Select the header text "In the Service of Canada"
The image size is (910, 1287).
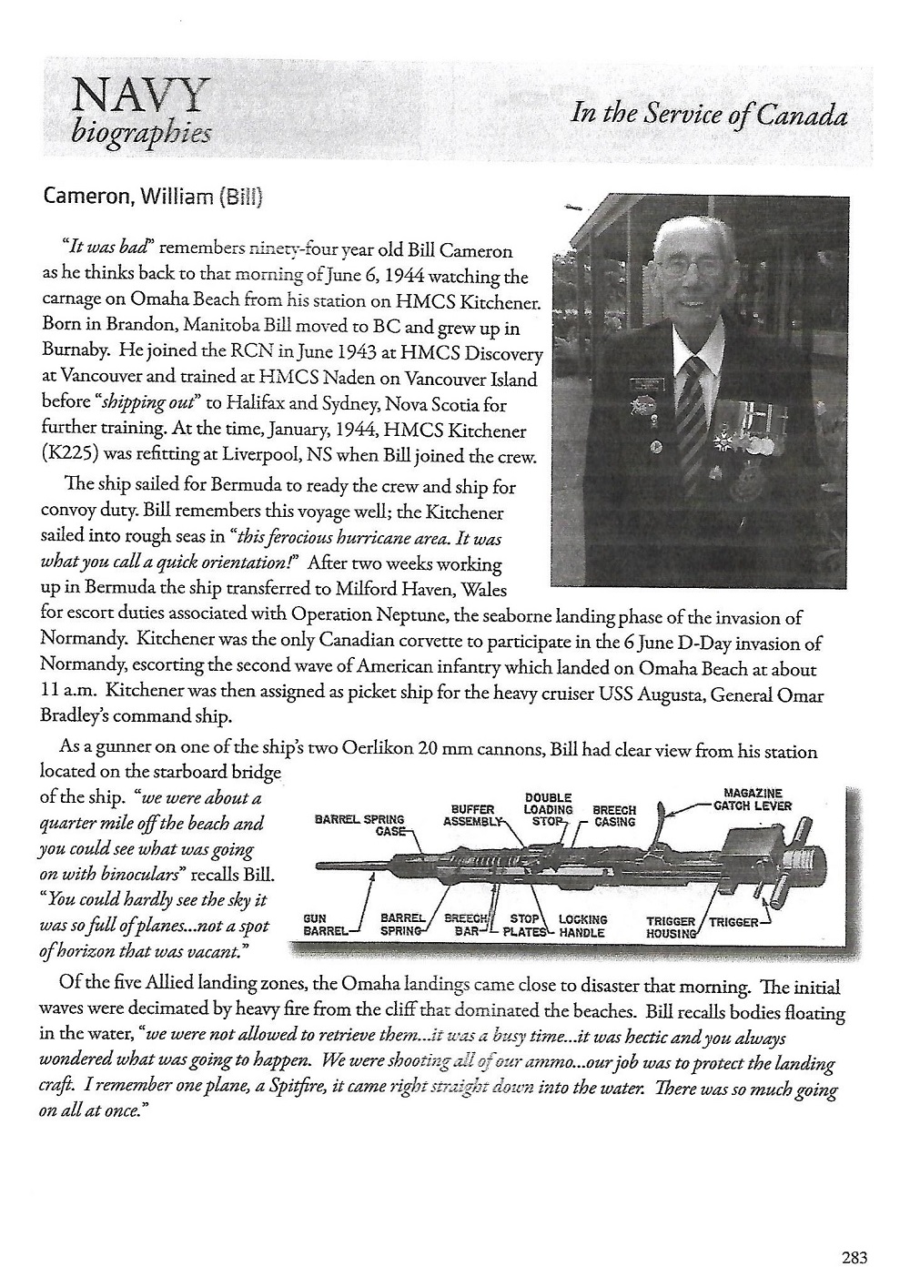coord(709,115)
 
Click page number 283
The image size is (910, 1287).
coord(854,1259)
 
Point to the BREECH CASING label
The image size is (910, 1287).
coord(614,816)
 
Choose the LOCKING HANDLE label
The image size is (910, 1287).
coord(582,926)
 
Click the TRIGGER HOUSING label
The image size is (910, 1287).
coord(671,927)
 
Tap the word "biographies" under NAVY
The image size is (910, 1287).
coord(140,134)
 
